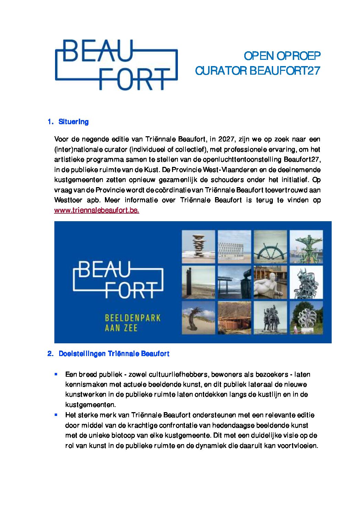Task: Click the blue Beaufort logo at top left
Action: tap(116, 65)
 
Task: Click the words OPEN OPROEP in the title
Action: tap(282, 56)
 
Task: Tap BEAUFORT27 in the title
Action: tap(285, 71)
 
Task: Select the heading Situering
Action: tap(73, 122)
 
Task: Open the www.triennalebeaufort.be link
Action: tap(97, 211)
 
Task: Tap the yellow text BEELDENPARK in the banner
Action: tap(132, 318)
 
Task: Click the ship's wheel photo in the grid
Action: tap(270, 247)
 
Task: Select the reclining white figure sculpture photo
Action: tap(270, 282)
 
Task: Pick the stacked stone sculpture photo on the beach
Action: tap(198, 247)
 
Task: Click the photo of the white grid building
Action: tap(234, 247)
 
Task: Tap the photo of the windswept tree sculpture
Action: tap(198, 318)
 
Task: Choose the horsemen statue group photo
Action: tap(270, 318)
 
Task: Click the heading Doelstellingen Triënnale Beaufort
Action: tap(114, 354)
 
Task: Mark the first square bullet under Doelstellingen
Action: tap(56, 374)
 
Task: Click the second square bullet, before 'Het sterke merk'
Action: tap(56, 415)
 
